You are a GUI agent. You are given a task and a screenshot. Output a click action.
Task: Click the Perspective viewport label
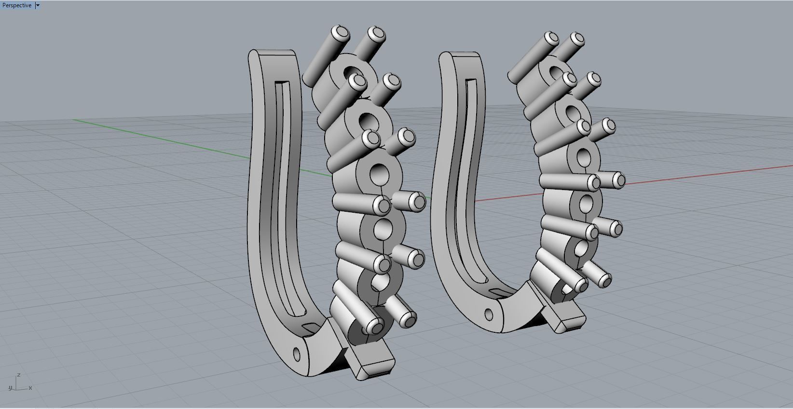coord(17,5)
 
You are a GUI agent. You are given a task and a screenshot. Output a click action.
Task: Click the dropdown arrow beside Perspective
coord(38,5)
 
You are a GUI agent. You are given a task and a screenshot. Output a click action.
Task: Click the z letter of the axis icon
coord(18,375)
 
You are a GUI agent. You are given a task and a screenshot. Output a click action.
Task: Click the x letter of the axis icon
coord(30,388)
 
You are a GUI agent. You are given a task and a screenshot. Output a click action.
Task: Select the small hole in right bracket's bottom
coord(489,315)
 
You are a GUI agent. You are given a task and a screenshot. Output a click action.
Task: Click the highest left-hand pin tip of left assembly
coord(342,32)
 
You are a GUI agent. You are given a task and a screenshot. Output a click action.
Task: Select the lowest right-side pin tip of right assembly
coord(603,278)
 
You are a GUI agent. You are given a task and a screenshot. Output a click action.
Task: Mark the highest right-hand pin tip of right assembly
coord(576,39)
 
